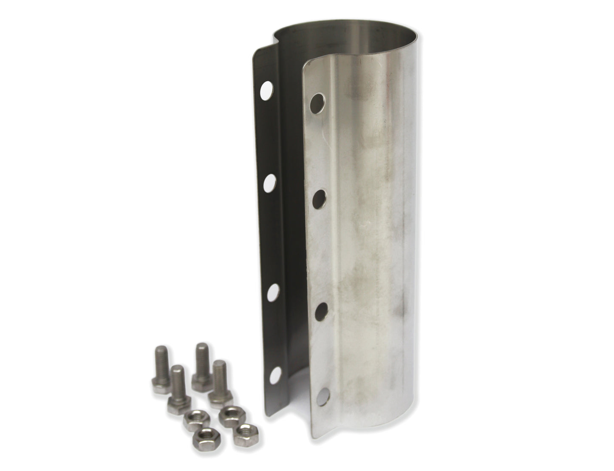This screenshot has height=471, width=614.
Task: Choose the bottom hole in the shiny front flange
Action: point(325,396)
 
